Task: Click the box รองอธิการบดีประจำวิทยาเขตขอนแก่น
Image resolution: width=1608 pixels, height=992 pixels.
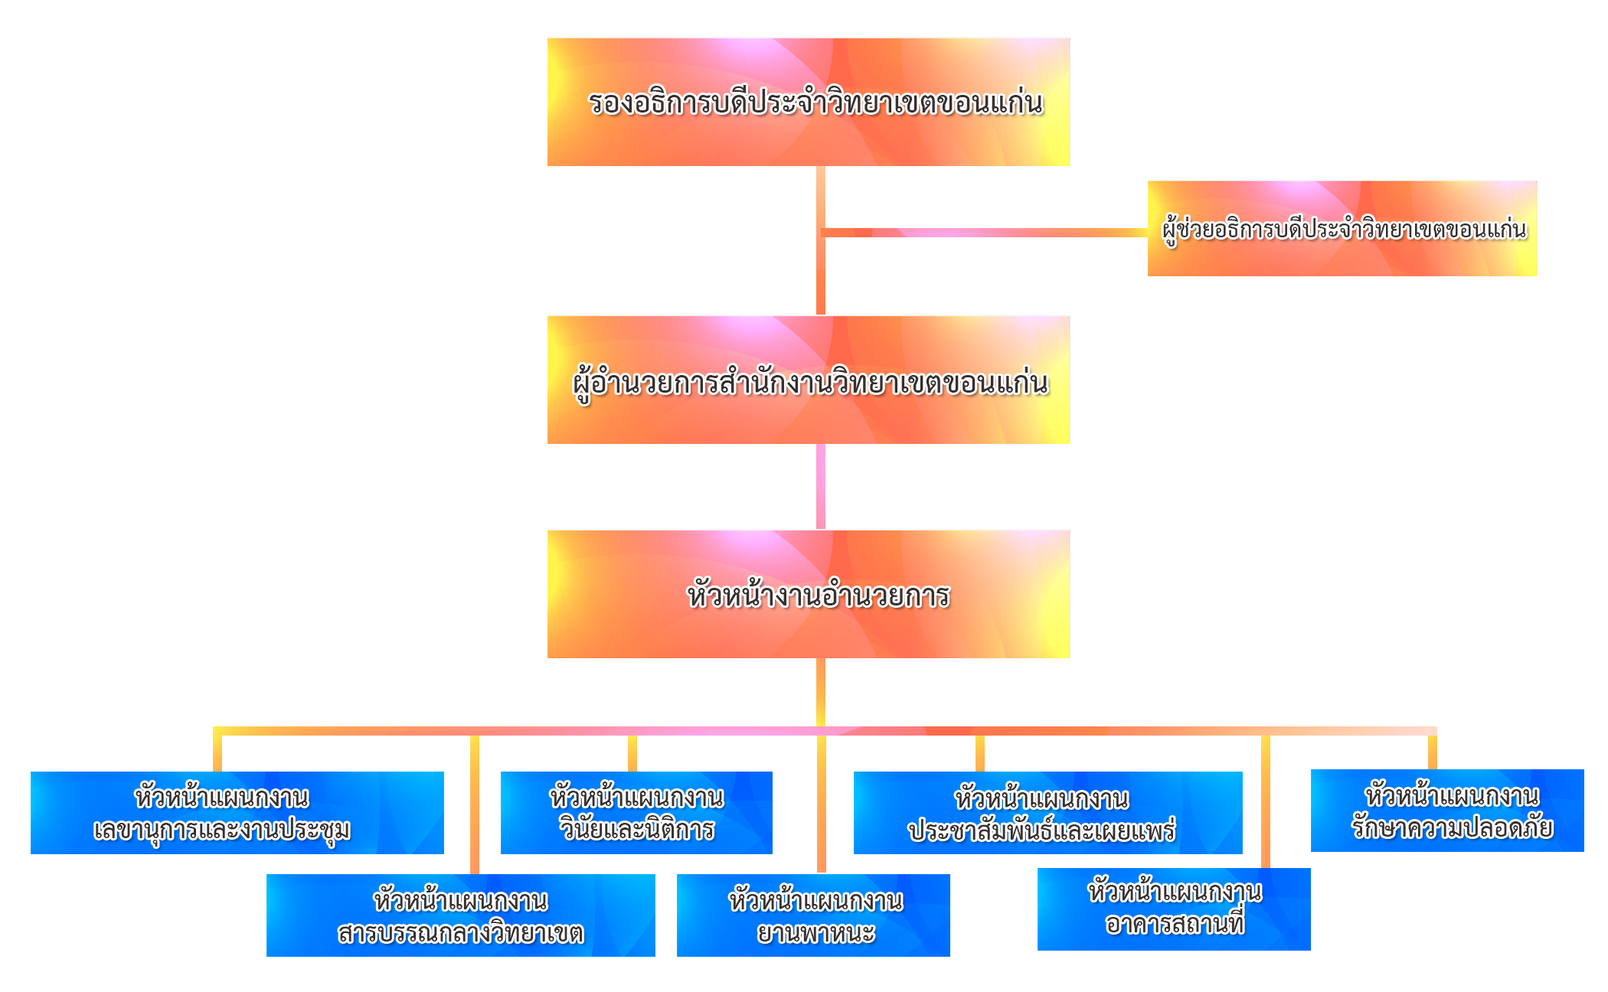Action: click(808, 102)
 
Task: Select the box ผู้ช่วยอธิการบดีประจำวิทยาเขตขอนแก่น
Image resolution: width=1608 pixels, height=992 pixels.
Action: click(1342, 228)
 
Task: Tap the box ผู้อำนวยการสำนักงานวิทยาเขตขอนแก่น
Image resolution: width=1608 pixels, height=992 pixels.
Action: click(808, 380)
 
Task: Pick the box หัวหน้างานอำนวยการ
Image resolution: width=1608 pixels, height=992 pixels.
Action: click(808, 594)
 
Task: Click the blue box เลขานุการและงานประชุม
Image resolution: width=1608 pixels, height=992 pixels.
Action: click(237, 812)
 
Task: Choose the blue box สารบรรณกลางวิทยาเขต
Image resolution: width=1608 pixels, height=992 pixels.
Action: click(460, 915)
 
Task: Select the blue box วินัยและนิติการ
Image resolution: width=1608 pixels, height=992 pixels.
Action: click(636, 812)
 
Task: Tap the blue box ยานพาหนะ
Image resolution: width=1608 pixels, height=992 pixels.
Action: click(813, 915)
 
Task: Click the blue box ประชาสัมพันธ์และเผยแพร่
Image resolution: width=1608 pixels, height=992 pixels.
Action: click(1047, 812)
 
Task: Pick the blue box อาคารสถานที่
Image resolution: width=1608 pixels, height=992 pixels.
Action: click(1174, 909)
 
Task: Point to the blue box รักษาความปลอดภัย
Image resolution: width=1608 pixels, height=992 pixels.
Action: click(1447, 810)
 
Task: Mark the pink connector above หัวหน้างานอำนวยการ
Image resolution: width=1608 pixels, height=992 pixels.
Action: click(821, 486)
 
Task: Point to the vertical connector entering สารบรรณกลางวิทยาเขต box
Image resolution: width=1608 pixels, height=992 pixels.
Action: click(475, 804)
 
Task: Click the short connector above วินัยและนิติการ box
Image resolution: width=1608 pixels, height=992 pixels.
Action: click(632, 753)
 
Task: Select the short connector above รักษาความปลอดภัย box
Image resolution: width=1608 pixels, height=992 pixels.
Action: click(1433, 752)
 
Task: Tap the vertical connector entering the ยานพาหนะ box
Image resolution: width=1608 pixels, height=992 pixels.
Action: click(822, 804)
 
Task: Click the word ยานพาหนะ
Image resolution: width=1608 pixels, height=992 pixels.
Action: click(816, 932)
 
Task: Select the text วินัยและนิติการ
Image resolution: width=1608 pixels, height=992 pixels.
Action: click(637, 829)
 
